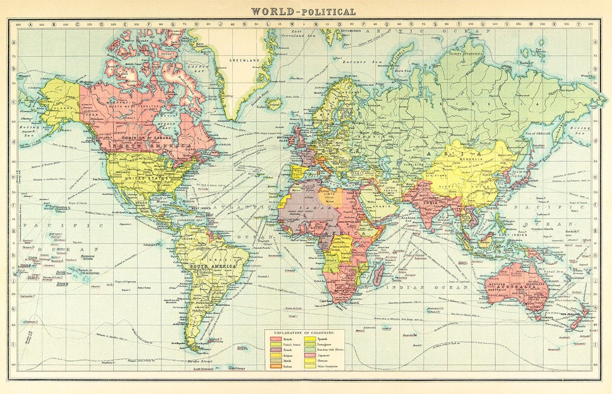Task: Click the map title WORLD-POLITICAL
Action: tap(303, 11)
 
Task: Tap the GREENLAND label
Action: tap(244, 60)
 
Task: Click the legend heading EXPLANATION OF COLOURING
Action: tap(304, 332)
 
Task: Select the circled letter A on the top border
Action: tap(30, 24)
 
